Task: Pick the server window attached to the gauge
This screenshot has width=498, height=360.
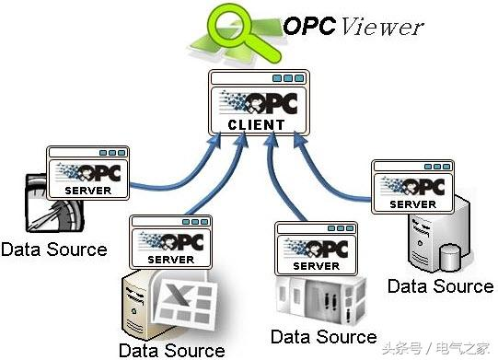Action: [88, 173]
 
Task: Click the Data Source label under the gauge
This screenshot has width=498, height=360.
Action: [53, 249]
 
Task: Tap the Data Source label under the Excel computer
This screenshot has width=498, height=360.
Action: [171, 350]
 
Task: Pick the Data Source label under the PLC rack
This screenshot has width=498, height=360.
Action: [323, 335]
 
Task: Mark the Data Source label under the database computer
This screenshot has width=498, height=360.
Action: [440, 285]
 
